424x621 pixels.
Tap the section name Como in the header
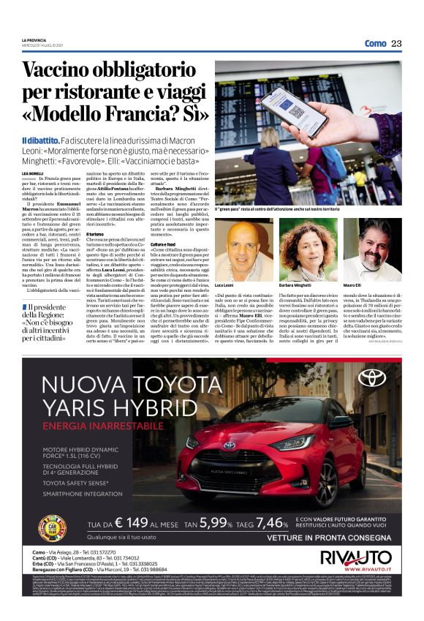pos(375,43)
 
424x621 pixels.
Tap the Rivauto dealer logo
pos(356,557)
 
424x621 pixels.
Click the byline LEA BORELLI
pos(34,172)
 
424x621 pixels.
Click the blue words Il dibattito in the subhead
pos(40,139)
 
